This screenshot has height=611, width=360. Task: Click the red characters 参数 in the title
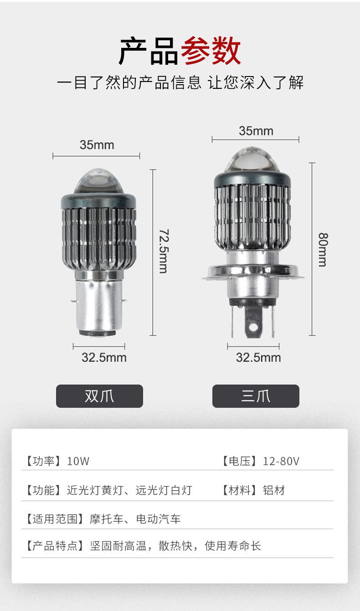[211, 51]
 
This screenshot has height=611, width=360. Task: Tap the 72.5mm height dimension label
[164, 251]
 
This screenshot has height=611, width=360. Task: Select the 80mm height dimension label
[323, 249]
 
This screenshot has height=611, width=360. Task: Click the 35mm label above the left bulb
[97, 145]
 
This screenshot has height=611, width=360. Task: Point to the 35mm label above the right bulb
[256, 131]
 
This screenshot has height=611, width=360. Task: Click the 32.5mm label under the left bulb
[104, 358]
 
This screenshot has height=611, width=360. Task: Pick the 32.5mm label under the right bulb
[258, 358]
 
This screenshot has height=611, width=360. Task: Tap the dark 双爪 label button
[99, 396]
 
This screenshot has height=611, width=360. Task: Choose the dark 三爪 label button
[256, 396]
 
